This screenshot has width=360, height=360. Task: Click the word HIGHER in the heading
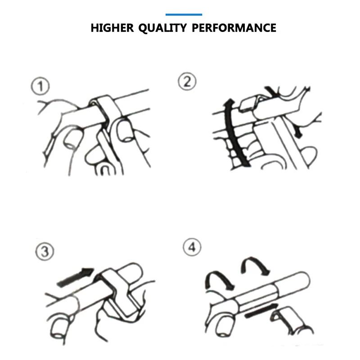pyautogui.click(x=112, y=28)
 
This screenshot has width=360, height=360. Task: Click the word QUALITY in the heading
pyautogui.click(x=162, y=28)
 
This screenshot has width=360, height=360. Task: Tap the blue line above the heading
pyautogui.click(x=184, y=15)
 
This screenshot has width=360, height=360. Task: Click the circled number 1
pyautogui.click(x=40, y=86)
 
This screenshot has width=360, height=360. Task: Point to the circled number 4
pyautogui.click(x=192, y=247)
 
